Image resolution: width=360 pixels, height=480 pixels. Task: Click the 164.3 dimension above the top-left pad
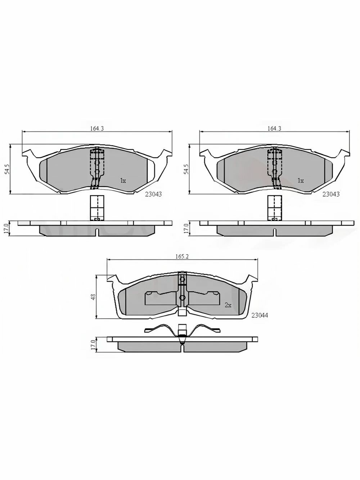(97, 129)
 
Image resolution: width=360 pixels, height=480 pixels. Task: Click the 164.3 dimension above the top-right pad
(274, 129)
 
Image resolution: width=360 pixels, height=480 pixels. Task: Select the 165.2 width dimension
(182, 257)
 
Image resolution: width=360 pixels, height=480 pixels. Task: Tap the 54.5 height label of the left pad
(7, 169)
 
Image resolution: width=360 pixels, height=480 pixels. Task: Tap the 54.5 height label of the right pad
(186, 169)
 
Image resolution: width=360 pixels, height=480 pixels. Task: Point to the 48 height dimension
(93, 297)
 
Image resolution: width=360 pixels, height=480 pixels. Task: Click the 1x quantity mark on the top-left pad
(123, 181)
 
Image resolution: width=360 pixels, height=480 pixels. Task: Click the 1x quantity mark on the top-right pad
(301, 181)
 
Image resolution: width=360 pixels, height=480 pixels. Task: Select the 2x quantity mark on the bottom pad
(228, 305)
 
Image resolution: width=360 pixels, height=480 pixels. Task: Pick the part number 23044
(260, 315)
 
